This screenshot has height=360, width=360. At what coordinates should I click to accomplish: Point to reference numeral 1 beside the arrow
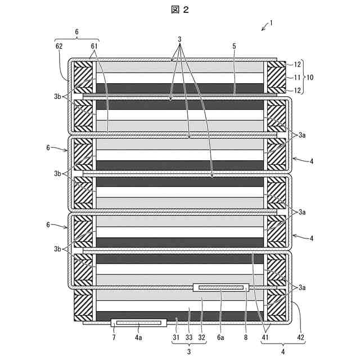click(x=271, y=23)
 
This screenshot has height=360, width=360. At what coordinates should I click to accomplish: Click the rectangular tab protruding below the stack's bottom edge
click(x=139, y=323)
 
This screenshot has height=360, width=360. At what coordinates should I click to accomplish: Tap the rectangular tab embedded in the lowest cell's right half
click(x=221, y=287)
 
